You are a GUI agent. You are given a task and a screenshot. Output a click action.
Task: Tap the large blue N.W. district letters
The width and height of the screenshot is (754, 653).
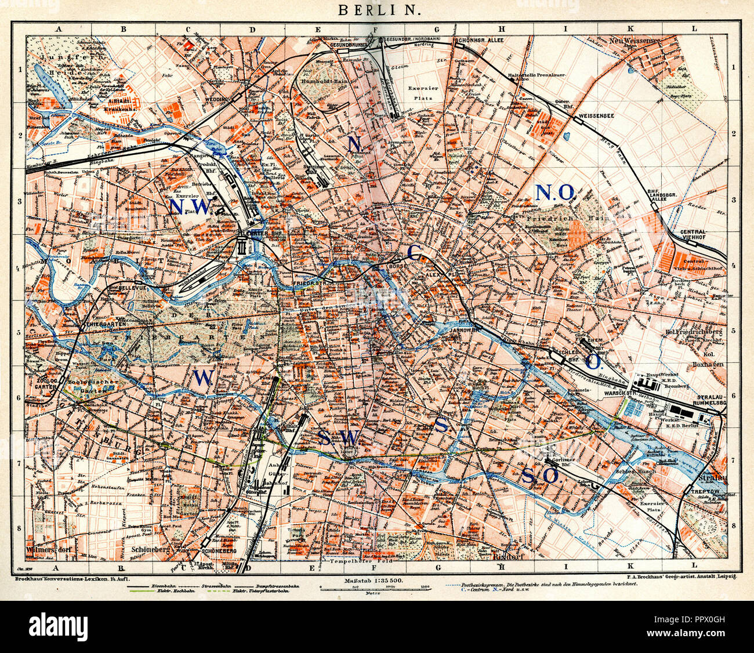pyautogui.click(x=188, y=206)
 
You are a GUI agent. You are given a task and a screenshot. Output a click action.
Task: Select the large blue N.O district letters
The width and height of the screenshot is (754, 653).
pyautogui.click(x=554, y=191)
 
